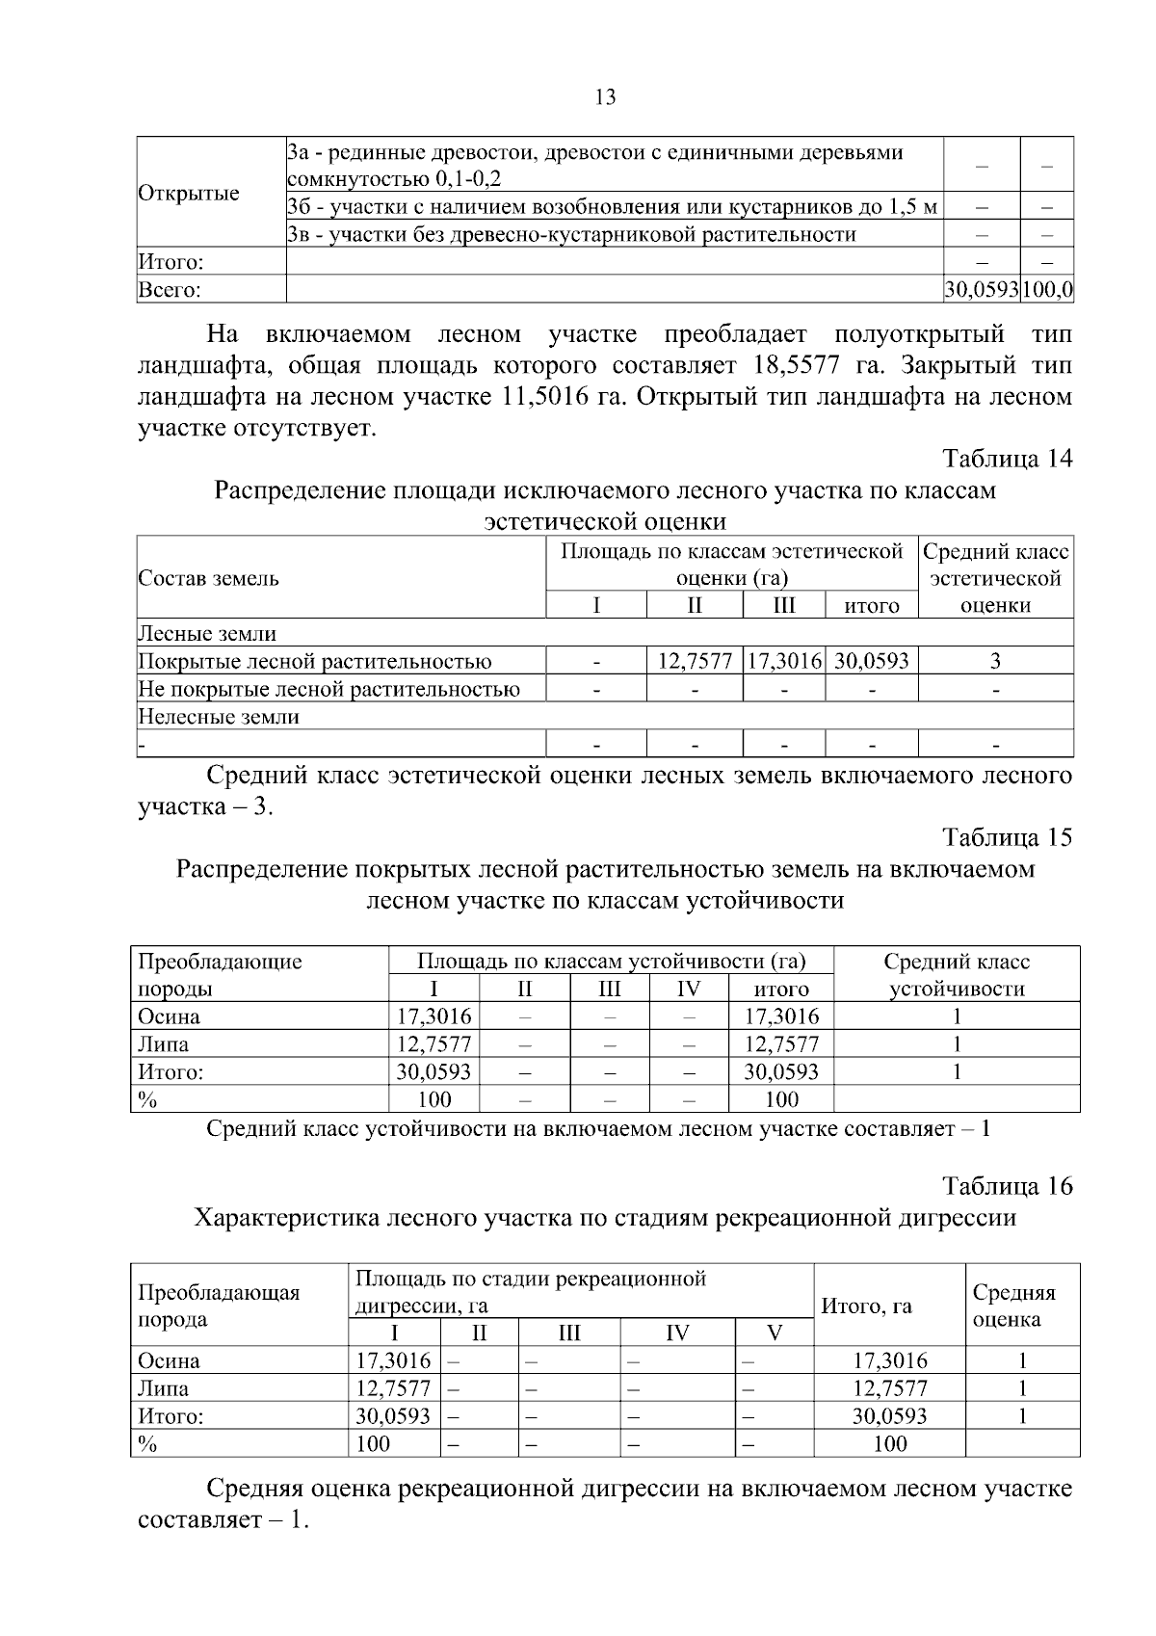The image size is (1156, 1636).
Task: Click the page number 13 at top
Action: click(x=606, y=97)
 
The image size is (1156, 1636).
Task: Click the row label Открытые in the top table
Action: click(x=189, y=193)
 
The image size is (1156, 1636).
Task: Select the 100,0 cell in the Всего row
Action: click(x=1048, y=289)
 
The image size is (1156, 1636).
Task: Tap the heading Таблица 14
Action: click(x=1007, y=459)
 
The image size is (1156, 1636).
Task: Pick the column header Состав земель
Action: click(x=209, y=578)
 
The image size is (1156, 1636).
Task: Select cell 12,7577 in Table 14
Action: click(x=695, y=661)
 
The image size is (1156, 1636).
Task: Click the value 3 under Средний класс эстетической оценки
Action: click(x=995, y=661)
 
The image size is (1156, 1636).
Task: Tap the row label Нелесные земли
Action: click(x=219, y=717)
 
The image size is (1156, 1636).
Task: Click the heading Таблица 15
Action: click(x=1007, y=837)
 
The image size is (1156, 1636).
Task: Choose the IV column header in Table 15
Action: click(x=688, y=989)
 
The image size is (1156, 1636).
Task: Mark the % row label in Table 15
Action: click(x=147, y=1099)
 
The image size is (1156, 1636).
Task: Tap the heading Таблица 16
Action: click(x=1007, y=1186)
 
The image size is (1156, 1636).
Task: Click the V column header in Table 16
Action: click(x=775, y=1333)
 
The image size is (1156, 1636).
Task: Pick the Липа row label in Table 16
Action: click(x=163, y=1388)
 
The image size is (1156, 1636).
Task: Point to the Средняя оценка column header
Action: click(x=1013, y=1306)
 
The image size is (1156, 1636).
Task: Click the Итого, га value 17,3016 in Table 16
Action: click(x=890, y=1360)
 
